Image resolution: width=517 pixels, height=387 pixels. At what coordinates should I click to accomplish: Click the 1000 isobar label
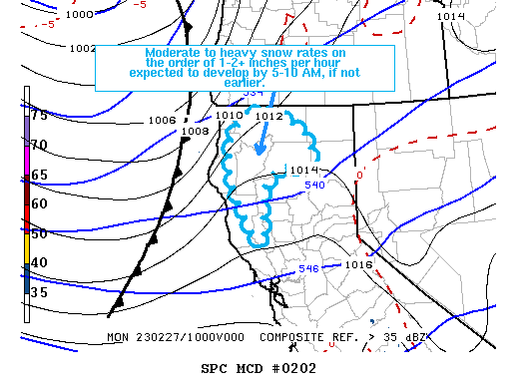click(80, 15)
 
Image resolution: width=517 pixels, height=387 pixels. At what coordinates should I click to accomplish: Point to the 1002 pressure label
click(84, 48)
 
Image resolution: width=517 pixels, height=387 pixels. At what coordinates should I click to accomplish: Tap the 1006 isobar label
click(161, 121)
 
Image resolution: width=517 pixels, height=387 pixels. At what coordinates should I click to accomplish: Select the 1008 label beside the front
click(195, 131)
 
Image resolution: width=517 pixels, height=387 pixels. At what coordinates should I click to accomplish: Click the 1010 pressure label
click(230, 117)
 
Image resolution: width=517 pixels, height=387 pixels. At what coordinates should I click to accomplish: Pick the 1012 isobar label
click(268, 117)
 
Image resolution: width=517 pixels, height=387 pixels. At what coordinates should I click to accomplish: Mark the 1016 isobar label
click(358, 264)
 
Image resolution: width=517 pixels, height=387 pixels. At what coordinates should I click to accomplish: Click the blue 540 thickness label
click(315, 185)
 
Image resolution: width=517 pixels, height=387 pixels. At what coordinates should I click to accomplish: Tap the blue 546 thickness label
click(308, 269)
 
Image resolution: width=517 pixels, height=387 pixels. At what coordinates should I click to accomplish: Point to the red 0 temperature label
click(359, 177)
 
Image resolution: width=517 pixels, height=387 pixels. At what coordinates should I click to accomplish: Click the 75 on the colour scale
click(40, 115)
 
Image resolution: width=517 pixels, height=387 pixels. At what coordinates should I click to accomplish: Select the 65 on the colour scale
click(40, 175)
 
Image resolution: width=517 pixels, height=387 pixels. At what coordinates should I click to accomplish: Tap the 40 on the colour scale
click(40, 262)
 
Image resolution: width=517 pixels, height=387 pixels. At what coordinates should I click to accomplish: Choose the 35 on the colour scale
click(40, 292)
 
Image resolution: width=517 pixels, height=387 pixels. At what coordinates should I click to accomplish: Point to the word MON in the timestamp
click(118, 337)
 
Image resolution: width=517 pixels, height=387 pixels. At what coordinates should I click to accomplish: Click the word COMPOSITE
click(295, 337)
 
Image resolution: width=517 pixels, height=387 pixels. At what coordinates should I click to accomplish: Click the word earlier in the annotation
click(228, 82)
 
